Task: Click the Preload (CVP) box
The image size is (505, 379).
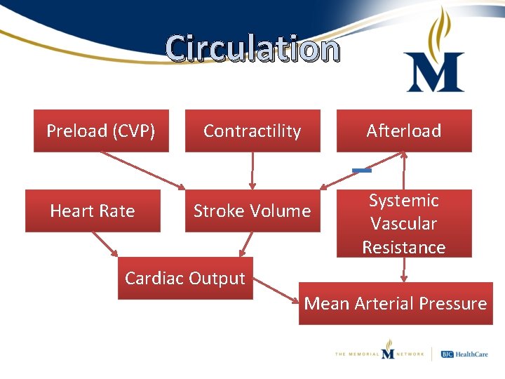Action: pyautogui.click(x=101, y=131)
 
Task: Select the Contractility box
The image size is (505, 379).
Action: pyautogui.click(x=252, y=131)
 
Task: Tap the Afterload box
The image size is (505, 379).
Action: pyautogui.click(x=404, y=131)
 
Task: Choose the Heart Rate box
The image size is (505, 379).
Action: pyautogui.click(x=93, y=211)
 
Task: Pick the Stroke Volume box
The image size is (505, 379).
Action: pyautogui.click(x=252, y=211)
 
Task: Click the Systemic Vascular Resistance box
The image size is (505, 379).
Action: pyautogui.click(x=404, y=223)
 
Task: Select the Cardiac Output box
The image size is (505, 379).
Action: pyautogui.click(x=185, y=278)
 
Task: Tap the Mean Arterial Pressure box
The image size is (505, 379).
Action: pyautogui.click(x=396, y=303)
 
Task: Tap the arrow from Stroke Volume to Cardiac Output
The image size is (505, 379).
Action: pyautogui.click(x=245, y=244)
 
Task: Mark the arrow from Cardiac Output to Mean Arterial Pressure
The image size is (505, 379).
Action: pyautogui.click(x=276, y=292)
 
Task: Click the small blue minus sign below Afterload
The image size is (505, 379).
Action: pyautogui.click(x=362, y=171)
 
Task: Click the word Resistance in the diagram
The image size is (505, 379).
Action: pyautogui.click(x=404, y=247)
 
